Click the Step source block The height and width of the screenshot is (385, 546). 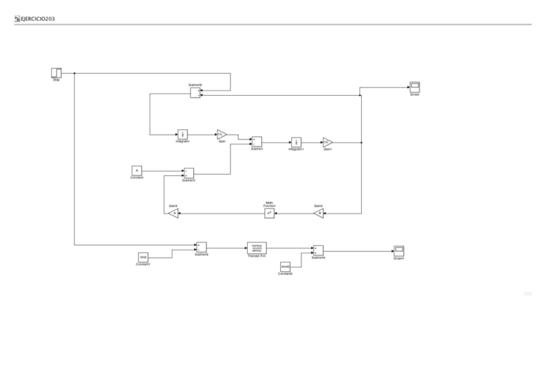point(56,73)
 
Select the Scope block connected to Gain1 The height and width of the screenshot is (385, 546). point(415,87)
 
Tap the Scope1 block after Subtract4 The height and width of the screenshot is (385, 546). point(399,249)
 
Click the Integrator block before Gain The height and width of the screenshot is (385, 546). point(182,134)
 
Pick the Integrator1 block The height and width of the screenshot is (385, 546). point(296,142)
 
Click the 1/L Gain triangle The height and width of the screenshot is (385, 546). point(221,134)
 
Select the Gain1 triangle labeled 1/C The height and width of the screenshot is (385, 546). point(327,142)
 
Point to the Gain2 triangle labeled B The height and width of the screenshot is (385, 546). point(319,213)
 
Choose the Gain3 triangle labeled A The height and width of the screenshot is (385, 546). point(173,213)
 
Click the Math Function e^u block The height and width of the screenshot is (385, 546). point(270,213)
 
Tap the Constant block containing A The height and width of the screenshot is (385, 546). point(136,170)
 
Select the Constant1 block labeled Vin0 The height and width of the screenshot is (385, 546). point(143,257)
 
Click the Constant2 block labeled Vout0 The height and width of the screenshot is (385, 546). point(285,267)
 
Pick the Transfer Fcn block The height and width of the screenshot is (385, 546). point(256,248)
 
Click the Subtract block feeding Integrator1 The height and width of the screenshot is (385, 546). point(256,142)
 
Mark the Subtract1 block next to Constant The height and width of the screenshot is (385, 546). point(189,173)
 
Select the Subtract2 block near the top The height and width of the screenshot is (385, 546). point(195,93)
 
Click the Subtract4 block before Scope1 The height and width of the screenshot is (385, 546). point(318,250)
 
